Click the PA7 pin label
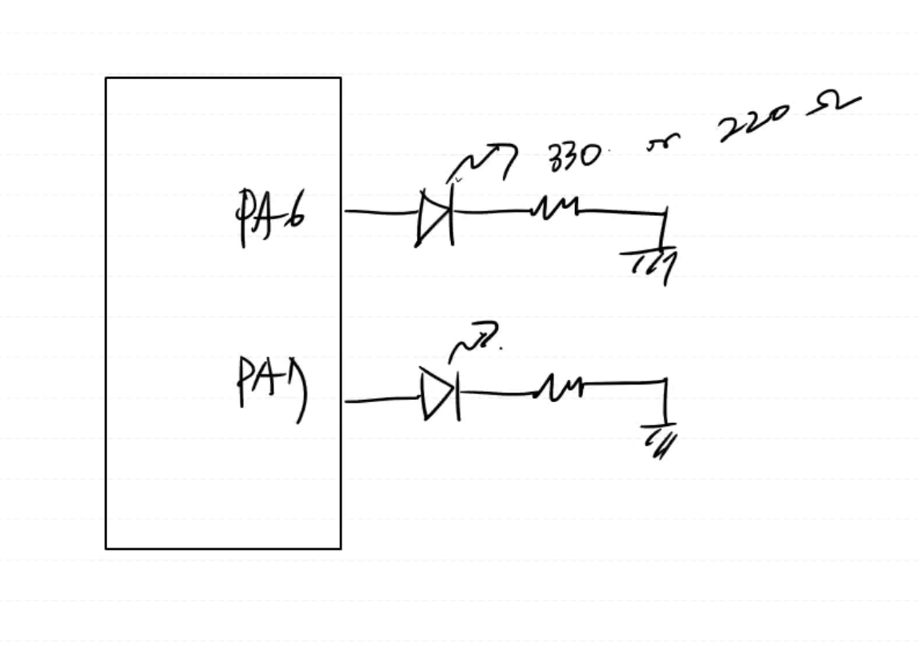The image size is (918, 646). (x=273, y=387)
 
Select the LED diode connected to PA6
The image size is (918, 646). (x=435, y=217)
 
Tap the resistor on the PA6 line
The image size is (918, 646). (x=555, y=209)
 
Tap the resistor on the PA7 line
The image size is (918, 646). (x=559, y=389)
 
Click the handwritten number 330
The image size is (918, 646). (x=573, y=157)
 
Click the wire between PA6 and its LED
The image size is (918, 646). (x=381, y=212)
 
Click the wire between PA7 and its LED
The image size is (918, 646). (x=382, y=400)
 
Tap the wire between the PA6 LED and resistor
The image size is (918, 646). (x=493, y=212)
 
